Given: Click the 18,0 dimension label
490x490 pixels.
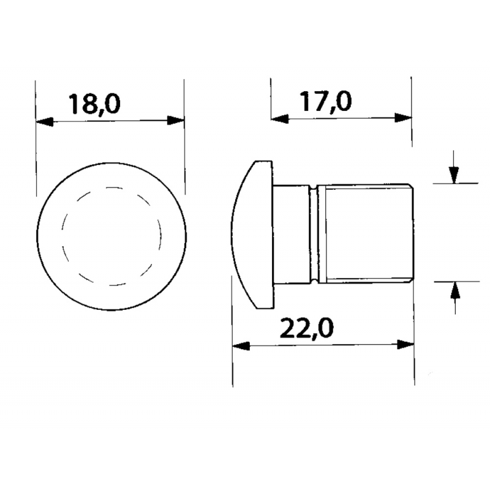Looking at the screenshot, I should (94, 104).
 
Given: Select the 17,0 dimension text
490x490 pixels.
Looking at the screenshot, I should (325, 101).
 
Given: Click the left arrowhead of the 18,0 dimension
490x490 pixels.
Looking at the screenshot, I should (45, 121).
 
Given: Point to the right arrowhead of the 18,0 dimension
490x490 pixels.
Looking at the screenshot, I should (176, 121).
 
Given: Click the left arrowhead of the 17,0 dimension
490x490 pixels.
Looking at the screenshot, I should (279, 118).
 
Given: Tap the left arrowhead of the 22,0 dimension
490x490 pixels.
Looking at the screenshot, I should (241, 345).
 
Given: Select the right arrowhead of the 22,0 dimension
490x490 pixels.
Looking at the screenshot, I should (405, 345).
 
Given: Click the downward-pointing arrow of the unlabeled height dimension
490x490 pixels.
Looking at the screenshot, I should (453, 175).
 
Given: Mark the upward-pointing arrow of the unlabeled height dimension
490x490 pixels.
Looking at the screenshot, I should (454, 290).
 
